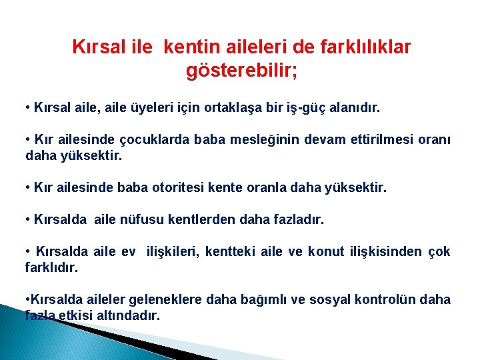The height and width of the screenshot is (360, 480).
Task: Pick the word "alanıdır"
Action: coord(355,107)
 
